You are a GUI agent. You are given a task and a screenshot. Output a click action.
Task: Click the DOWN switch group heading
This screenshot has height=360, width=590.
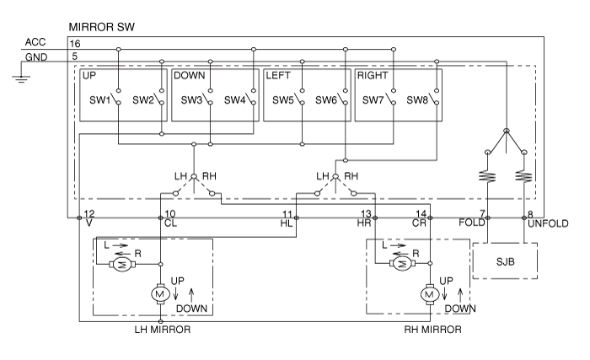pos(190,76)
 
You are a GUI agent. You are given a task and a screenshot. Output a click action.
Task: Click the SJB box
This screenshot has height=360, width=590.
pos(504,261)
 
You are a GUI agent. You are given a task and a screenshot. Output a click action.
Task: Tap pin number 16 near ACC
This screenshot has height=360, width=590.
pos(75,41)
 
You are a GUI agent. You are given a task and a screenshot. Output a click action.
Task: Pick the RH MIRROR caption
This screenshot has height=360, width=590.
pos(433,330)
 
